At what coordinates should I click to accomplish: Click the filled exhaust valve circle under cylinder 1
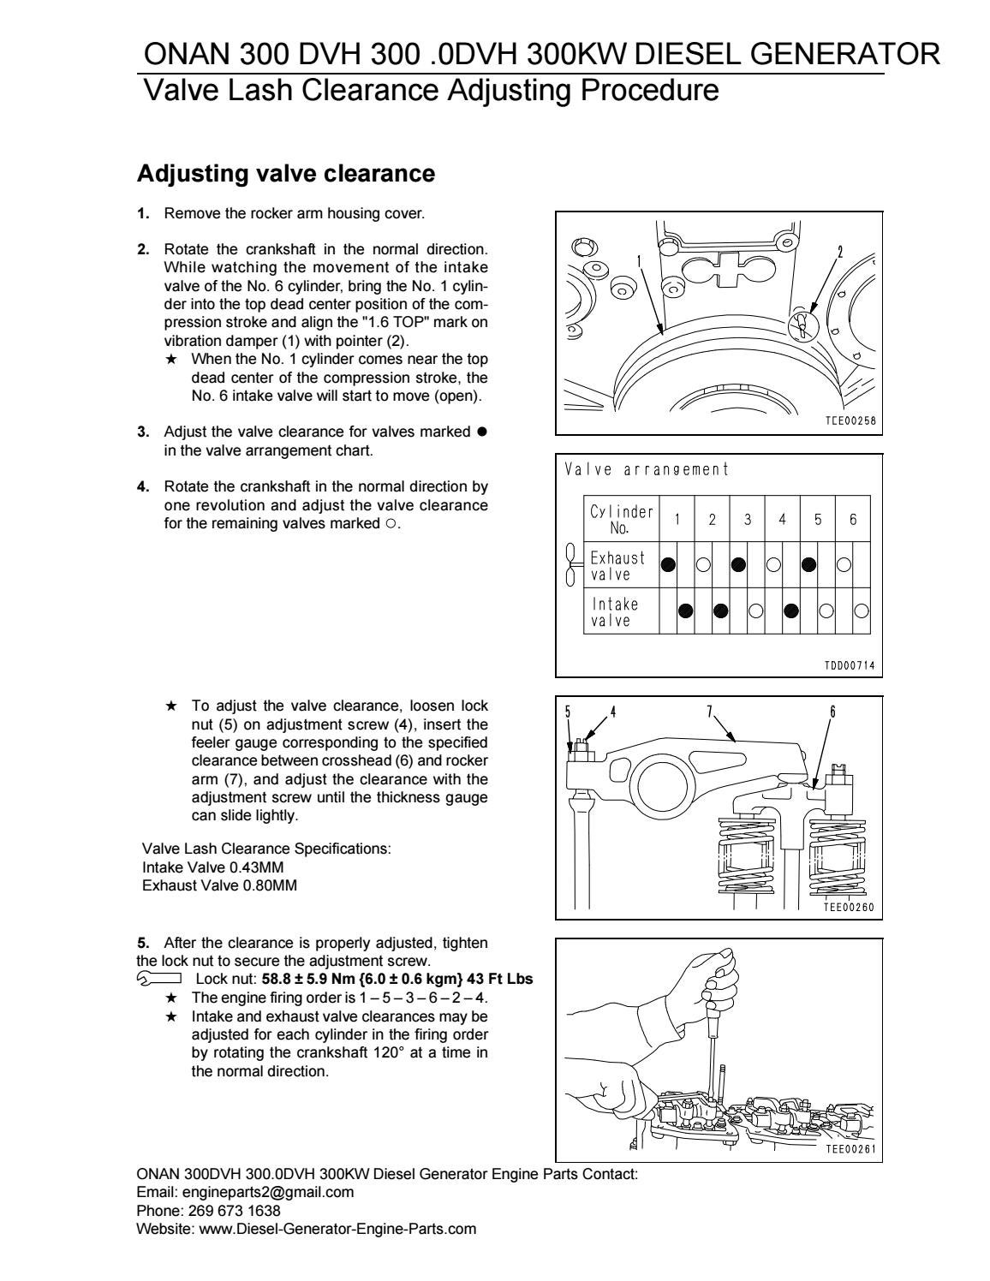(x=668, y=564)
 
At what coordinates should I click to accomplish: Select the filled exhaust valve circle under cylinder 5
(x=809, y=564)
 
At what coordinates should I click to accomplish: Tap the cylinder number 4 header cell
(x=783, y=519)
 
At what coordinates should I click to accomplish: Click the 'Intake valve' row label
(x=614, y=612)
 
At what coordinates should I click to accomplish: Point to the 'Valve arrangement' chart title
(x=647, y=469)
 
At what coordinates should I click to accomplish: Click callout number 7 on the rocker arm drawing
(x=710, y=712)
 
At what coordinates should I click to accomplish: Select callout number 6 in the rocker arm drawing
(x=832, y=712)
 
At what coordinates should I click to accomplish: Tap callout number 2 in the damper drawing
(x=840, y=252)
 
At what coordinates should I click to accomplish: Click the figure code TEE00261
(x=850, y=1148)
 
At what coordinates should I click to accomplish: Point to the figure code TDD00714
(x=850, y=665)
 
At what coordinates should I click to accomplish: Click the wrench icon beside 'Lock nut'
(x=159, y=979)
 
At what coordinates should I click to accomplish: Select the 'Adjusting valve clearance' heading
(x=286, y=173)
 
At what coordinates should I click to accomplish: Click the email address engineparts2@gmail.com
(x=268, y=1192)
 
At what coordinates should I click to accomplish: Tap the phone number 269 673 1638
(x=234, y=1210)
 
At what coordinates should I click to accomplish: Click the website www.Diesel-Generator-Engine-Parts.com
(x=337, y=1229)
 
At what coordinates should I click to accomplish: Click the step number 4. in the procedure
(x=143, y=487)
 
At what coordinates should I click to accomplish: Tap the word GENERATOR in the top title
(x=845, y=54)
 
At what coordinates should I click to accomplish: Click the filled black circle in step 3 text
(x=482, y=432)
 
